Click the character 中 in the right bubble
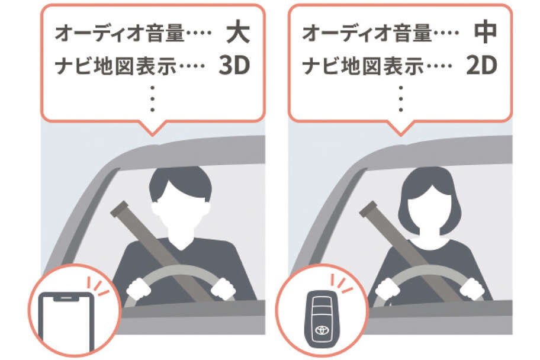[486, 33]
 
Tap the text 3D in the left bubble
[234, 65]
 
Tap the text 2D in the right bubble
[481, 65]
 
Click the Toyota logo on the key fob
[322, 330]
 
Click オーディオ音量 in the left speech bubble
[120, 33]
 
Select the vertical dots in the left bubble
[153, 99]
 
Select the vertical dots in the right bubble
[400, 99]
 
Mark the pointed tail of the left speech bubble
[153, 134]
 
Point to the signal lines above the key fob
[342, 283]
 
